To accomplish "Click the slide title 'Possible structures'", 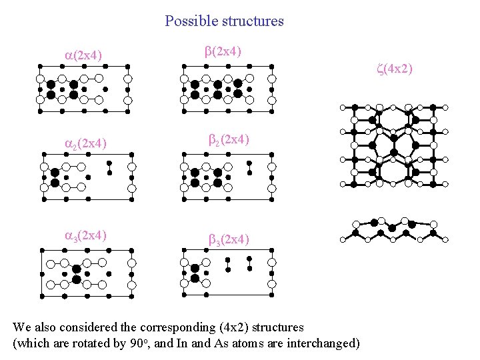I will pyautogui.click(x=224, y=21).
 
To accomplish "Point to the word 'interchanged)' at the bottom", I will pyautogui.click(x=323, y=343).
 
